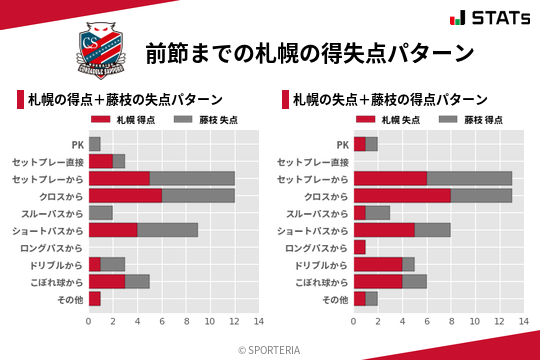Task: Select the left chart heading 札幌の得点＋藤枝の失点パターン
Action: coord(125,100)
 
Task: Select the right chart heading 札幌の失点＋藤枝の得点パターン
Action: coord(390,100)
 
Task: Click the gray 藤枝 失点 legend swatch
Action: coord(184,120)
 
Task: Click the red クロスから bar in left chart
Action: coord(125,195)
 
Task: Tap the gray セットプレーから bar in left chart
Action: coord(192,178)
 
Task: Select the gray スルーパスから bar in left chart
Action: coord(101,212)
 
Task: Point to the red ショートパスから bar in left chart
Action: coord(113,230)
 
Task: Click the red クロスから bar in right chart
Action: coord(402,195)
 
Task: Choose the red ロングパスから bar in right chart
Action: coord(360,247)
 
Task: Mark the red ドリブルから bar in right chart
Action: coord(378,264)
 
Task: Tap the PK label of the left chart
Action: coord(77,144)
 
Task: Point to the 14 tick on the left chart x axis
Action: coord(258,321)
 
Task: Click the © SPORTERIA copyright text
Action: coord(270,349)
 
